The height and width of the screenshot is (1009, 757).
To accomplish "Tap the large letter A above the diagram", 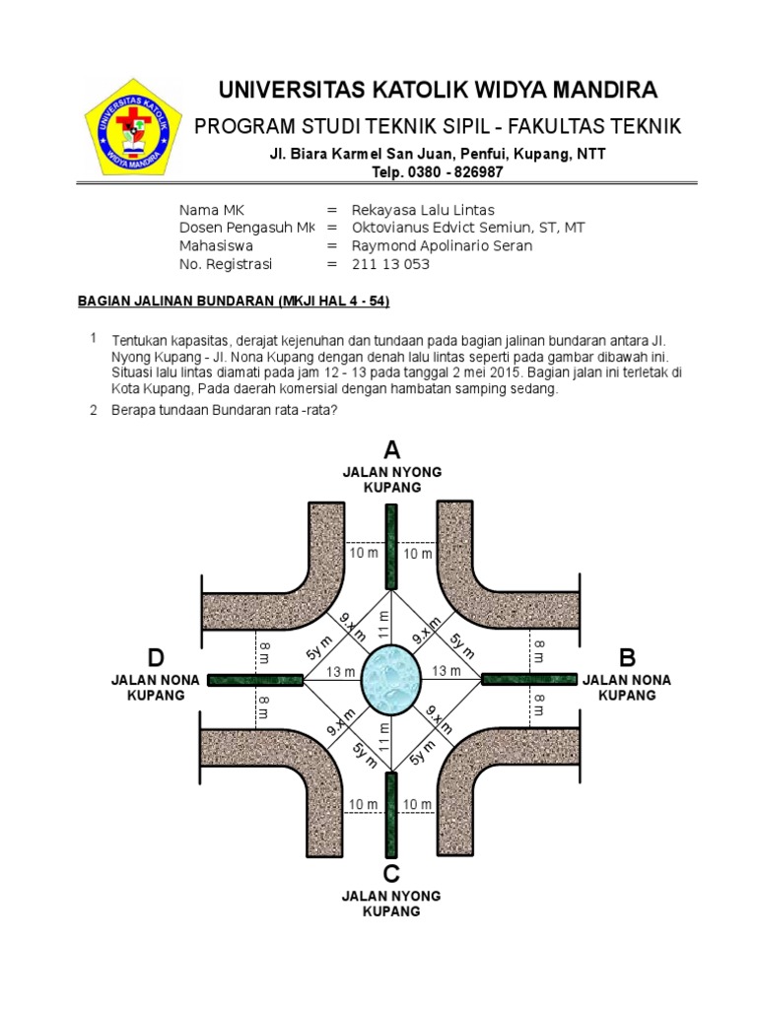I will tap(392, 450).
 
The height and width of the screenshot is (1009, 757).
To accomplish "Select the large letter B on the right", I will tap(628, 657).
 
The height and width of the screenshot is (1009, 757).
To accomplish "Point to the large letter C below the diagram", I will tap(391, 873).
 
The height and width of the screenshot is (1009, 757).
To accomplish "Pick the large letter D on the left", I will tap(156, 657).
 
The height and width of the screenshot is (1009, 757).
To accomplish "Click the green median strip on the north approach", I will tap(391, 547).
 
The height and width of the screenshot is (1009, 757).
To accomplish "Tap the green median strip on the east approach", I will tap(528, 678).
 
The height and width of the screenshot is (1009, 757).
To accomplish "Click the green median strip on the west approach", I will tap(254, 680).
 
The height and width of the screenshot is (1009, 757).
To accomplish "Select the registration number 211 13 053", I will tap(390, 264).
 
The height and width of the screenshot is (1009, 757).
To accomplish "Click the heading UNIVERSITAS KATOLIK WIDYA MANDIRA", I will tap(438, 91).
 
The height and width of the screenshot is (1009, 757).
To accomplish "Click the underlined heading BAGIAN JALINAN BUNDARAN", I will tap(241, 300).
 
